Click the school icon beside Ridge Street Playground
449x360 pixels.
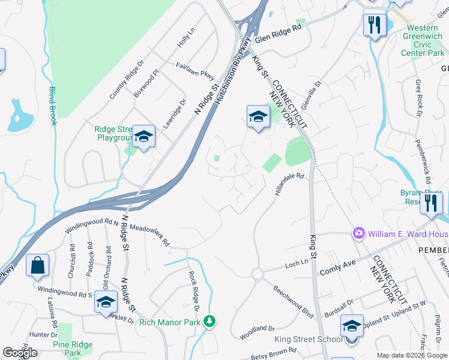tap(143, 137)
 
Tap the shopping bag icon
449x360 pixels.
tap(37, 266)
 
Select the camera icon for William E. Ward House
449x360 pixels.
tap(359, 233)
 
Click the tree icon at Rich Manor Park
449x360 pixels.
tap(209, 322)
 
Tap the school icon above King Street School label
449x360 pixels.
tap(352, 326)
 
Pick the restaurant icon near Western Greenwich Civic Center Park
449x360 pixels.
tap(375, 25)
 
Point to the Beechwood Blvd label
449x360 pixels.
tap(294, 296)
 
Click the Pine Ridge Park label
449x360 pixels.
tap(67, 349)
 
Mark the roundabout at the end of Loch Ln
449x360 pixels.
tap(258, 274)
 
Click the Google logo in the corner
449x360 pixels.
tap(20, 353)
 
